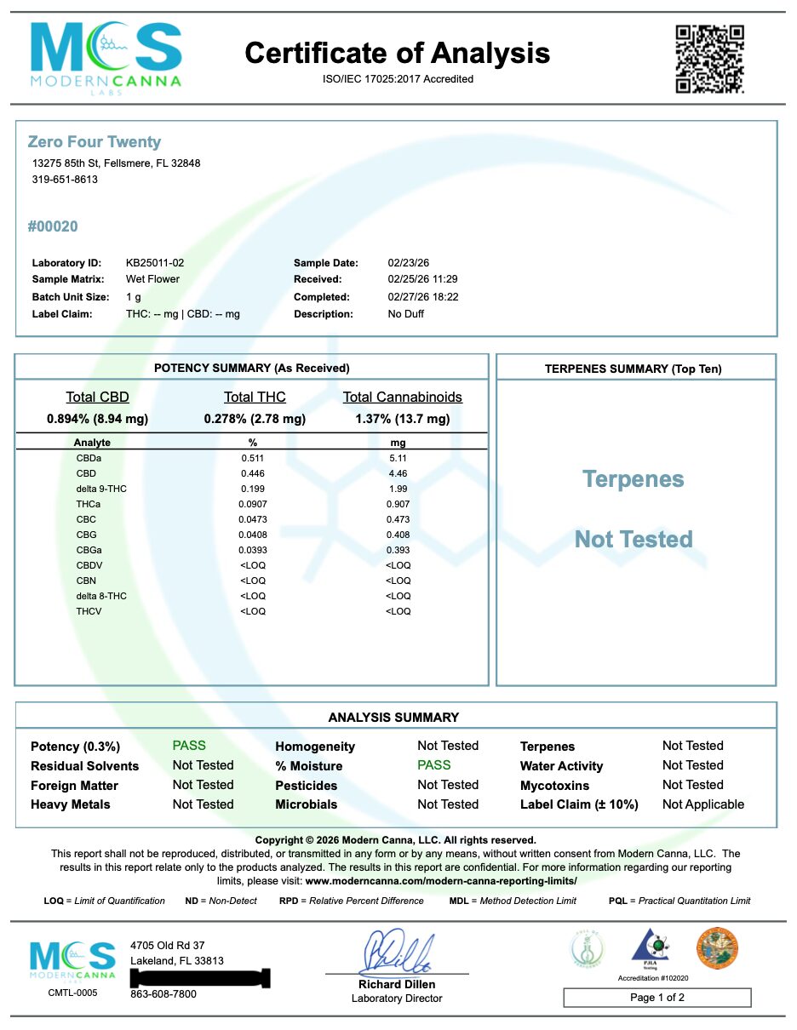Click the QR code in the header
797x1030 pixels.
click(709, 59)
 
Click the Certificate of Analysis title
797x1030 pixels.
click(397, 54)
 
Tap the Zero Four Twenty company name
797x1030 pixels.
click(95, 142)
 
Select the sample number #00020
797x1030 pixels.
click(53, 226)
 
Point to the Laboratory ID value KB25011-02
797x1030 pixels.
click(155, 263)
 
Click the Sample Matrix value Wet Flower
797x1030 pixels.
click(152, 279)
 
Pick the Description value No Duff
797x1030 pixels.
click(405, 314)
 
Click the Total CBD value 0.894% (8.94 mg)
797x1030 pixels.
click(97, 419)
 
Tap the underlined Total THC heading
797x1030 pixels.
click(255, 398)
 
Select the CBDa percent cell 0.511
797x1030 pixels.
click(253, 458)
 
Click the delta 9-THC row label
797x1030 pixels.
click(100, 489)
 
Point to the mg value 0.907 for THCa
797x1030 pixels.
click(398, 504)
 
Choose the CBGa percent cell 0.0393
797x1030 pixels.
click(253, 550)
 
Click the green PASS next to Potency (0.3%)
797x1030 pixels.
click(189, 746)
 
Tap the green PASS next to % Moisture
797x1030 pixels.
click(434, 765)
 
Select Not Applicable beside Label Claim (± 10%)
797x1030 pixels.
click(703, 804)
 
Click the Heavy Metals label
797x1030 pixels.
click(71, 804)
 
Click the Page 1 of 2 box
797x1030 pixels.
click(657, 998)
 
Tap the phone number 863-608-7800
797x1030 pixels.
click(163, 994)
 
